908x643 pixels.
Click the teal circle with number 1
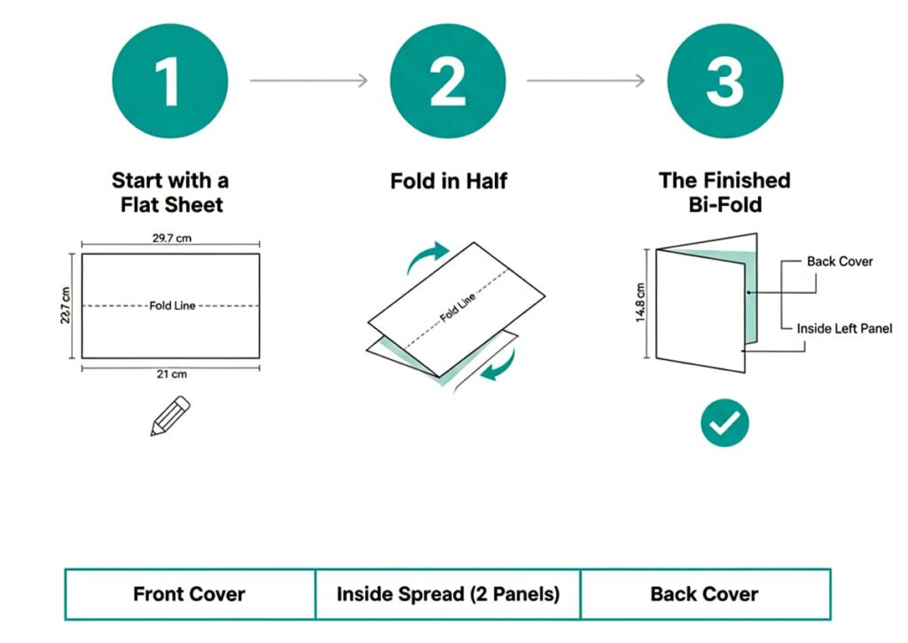(170, 81)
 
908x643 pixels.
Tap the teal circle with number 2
(448, 81)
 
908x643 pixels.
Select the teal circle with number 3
(724, 81)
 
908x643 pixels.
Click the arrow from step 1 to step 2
(309, 81)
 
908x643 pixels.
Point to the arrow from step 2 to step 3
(586, 81)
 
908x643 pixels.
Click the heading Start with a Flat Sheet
(170, 192)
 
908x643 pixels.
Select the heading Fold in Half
(449, 181)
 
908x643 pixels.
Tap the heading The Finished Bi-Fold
(724, 192)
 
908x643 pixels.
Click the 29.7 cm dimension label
(170, 239)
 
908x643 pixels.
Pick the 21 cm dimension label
(170, 374)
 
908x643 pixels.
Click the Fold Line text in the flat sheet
(172, 306)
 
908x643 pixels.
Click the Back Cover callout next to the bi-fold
(839, 262)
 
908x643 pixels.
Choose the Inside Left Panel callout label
(843, 328)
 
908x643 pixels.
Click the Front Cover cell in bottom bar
(189, 594)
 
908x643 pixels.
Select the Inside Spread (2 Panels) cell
(448, 594)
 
